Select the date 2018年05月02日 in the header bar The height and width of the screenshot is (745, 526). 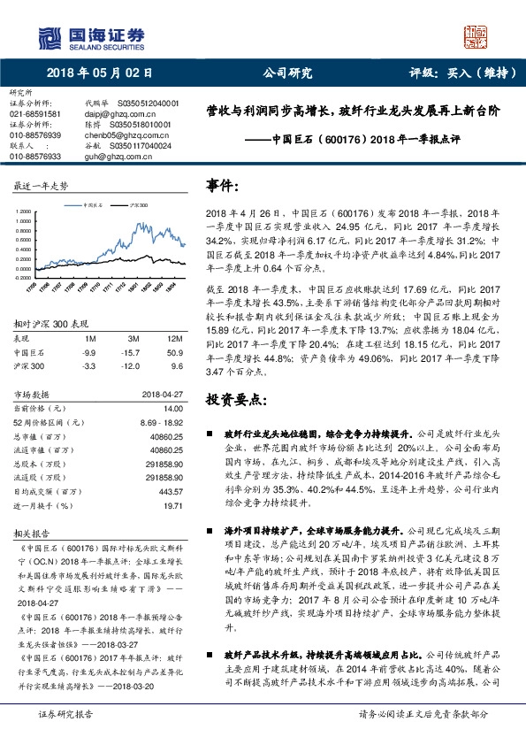101,74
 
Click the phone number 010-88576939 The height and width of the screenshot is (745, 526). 35,134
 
